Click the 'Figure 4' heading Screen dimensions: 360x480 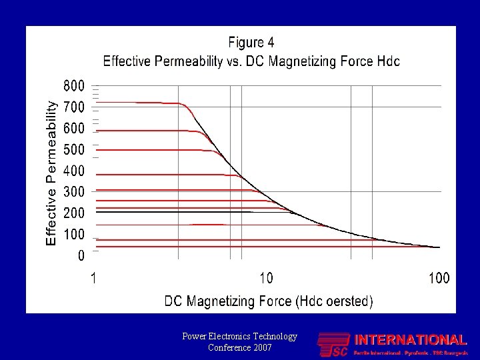click(x=251, y=43)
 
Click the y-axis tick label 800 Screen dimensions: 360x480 click(x=74, y=86)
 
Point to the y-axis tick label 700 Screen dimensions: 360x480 click(x=74, y=107)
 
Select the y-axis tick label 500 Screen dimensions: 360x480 click(x=74, y=149)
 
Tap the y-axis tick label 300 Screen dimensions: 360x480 click(x=74, y=192)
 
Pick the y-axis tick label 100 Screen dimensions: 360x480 click(x=74, y=235)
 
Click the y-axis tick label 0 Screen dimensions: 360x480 click(x=81, y=256)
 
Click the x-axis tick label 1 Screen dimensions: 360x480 click(x=94, y=278)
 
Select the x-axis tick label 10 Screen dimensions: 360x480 click(x=265, y=278)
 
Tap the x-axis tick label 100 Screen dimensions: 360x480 click(x=439, y=278)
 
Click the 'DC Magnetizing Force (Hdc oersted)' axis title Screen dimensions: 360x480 click(x=269, y=301)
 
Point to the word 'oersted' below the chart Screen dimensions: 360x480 click(x=342, y=301)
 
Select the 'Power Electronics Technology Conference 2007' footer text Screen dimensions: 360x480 click(x=239, y=342)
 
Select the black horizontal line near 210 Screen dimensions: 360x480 click(x=173, y=212)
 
